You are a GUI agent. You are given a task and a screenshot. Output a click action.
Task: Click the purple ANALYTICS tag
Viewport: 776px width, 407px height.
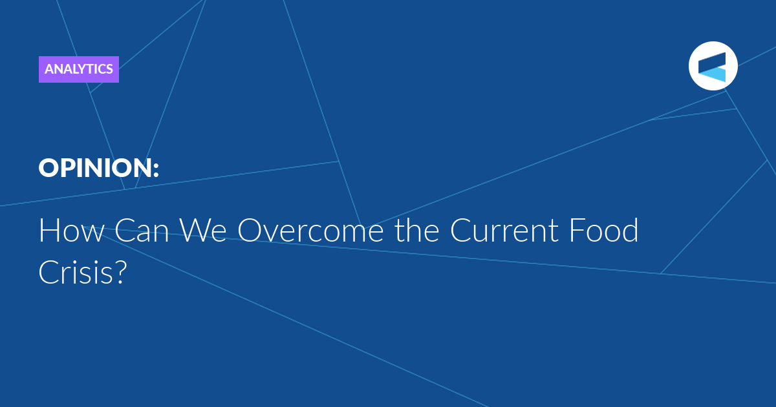79,69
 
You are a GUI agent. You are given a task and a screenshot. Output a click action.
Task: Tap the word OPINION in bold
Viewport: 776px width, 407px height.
94,168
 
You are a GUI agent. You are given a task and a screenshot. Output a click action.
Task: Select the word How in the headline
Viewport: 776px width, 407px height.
71,230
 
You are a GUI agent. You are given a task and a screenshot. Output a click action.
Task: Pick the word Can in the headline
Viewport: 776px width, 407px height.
142,230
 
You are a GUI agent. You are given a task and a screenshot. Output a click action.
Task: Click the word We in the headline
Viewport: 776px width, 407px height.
203,230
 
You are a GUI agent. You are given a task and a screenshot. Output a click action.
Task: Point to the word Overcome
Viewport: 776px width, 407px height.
310,230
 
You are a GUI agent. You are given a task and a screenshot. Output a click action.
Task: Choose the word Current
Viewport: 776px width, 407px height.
504,230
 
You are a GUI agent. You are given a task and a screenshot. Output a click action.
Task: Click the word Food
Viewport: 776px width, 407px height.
603,230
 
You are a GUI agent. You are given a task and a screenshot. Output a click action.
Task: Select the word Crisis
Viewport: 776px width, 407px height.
76,272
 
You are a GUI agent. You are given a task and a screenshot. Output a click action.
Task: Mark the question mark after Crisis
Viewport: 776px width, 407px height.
120,272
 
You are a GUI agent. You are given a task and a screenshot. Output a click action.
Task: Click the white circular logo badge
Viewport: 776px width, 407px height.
713,66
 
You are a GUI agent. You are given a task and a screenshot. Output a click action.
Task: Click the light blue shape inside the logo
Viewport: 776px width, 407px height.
715,75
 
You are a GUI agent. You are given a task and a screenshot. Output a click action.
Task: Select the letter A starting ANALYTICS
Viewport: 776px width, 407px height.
50,69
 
